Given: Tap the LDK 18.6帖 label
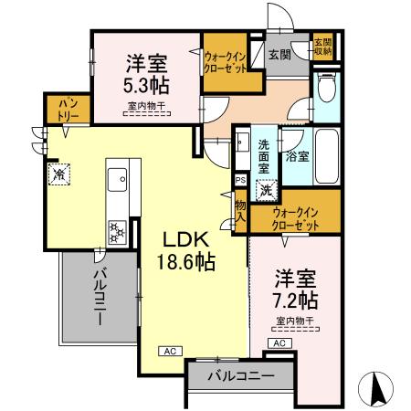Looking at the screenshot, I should (x=189, y=250).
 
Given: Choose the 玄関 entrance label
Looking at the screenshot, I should (x=278, y=55).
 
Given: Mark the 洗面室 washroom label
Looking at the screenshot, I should (x=262, y=156).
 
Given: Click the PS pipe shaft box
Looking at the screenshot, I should (x=240, y=180).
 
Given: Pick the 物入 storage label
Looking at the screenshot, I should (x=241, y=212).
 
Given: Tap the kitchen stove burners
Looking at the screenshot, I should (x=118, y=230).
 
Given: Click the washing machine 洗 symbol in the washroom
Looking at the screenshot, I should (x=264, y=192).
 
